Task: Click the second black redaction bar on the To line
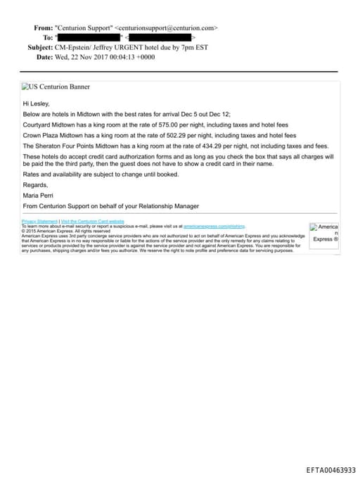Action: tap(161, 37)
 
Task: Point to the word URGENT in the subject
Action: tap(138, 46)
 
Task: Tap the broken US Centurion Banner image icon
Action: tap(25, 87)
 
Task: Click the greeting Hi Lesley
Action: tap(36, 103)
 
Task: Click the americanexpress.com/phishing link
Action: tap(214, 226)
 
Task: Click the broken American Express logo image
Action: tap(325, 233)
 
